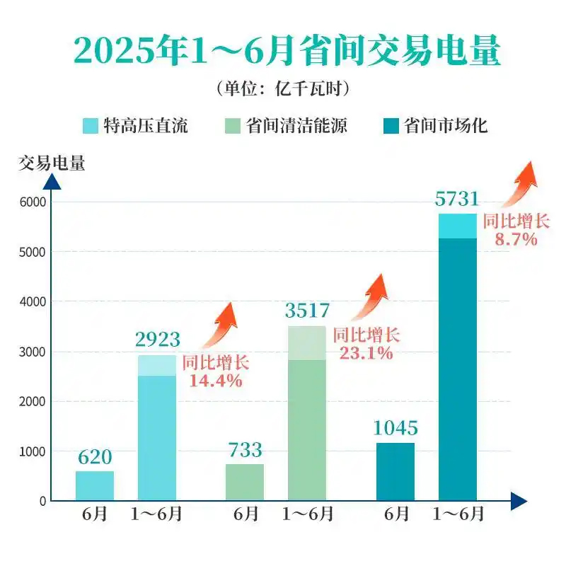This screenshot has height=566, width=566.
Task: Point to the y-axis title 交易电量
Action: coord(52,163)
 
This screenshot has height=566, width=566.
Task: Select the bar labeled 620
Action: coord(95,485)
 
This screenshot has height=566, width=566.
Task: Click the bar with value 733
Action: coord(245,482)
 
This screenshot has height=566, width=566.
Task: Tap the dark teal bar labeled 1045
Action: coord(395,471)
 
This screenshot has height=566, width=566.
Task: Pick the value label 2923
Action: coord(157,340)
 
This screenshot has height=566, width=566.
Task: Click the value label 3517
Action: coord(307,311)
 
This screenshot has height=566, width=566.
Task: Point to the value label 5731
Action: coord(457,199)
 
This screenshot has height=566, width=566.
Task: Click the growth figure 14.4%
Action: coord(216,381)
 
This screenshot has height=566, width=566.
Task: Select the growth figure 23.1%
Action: coord(366,352)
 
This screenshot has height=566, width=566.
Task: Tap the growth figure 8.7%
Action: coord(516,239)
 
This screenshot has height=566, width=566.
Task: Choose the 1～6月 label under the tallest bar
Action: coord(458,515)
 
